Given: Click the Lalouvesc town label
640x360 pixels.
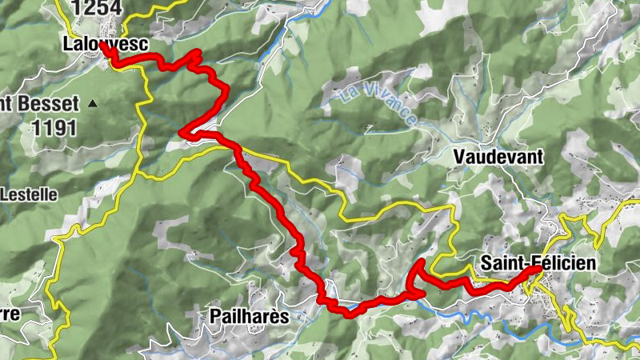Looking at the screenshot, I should point(104,45).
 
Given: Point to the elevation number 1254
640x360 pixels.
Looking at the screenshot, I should point(96,9).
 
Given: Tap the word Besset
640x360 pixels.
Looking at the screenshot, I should point(50,104).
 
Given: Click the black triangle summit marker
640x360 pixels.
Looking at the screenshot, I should point(94,103).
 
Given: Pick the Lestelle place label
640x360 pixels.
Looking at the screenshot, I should point(26,193).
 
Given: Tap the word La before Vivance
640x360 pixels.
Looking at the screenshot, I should point(350,90).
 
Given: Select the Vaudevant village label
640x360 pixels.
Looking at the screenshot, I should point(497,157).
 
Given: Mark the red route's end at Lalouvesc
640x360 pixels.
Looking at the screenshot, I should point(103,45).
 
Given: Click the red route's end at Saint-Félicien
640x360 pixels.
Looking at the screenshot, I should point(537,270).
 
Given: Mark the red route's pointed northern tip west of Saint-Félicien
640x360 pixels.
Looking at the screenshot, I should point(421,262).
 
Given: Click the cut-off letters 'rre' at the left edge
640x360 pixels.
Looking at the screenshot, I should point(10,312).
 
